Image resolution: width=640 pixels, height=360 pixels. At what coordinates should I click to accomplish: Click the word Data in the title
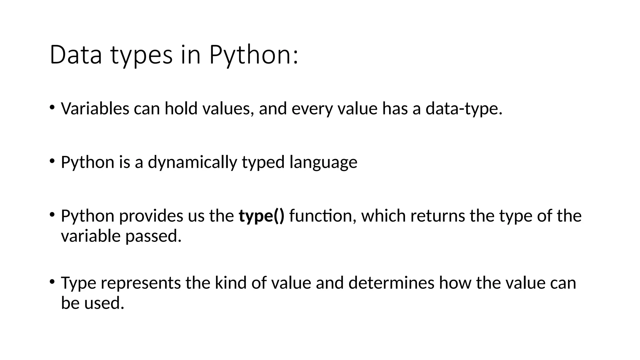pyautogui.click(x=76, y=55)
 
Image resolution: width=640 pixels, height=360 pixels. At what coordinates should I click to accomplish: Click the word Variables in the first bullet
pyautogui.click(x=95, y=109)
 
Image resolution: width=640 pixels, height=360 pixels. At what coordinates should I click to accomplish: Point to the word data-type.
pyautogui.click(x=464, y=109)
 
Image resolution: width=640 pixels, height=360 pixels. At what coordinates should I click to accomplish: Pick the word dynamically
pyautogui.click(x=192, y=162)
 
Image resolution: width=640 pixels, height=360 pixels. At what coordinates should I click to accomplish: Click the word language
pyautogui.click(x=323, y=162)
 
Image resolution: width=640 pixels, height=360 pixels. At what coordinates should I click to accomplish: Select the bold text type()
pyautogui.click(x=262, y=216)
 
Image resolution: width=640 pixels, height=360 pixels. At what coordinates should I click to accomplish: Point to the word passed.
pyautogui.click(x=153, y=236)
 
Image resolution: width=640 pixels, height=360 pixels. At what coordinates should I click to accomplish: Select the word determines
pyautogui.click(x=391, y=283)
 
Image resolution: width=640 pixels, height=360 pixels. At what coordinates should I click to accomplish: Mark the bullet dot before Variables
pyautogui.click(x=52, y=108)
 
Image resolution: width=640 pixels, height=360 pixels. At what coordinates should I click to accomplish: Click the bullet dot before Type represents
pyautogui.click(x=52, y=282)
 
